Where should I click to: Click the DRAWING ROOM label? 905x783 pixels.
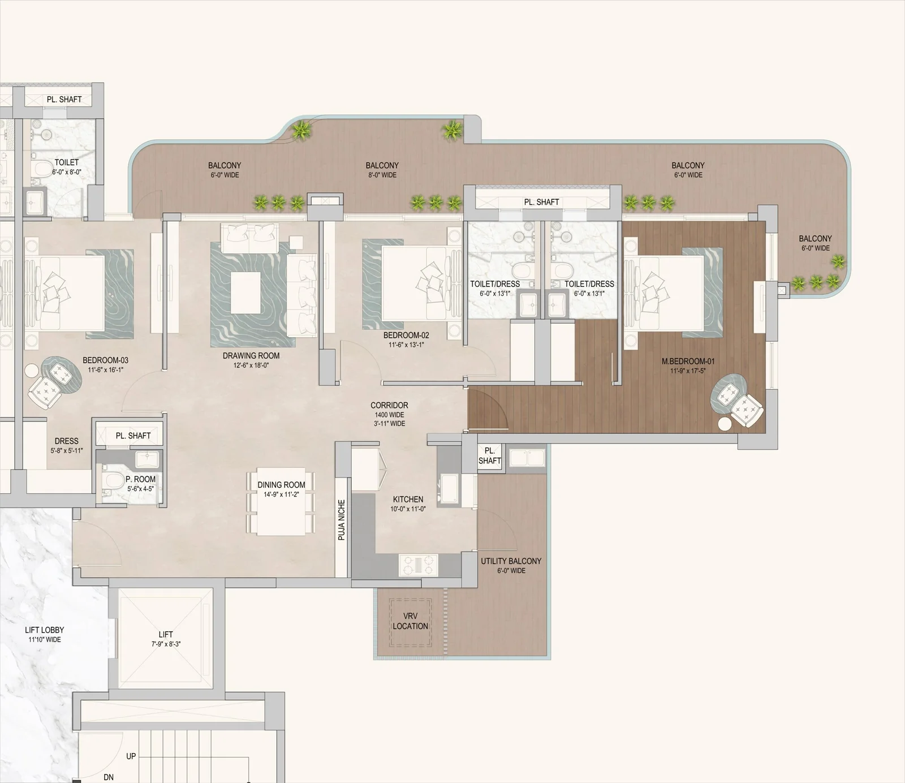pyautogui.click(x=251, y=356)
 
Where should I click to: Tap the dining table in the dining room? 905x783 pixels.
pyautogui.click(x=281, y=502)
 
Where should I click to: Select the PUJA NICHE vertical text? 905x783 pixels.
pyautogui.click(x=342, y=520)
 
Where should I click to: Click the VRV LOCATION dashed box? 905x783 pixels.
pyautogui.click(x=411, y=622)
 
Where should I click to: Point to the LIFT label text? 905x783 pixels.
pyautogui.click(x=166, y=634)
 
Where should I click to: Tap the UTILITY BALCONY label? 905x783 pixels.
pyautogui.click(x=511, y=561)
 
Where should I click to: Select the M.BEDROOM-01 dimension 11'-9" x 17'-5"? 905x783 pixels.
pyautogui.click(x=688, y=371)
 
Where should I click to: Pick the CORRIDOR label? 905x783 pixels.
pyautogui.click(x=389, y=405)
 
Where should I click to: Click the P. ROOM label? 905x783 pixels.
pyautogui.click(x=140, y=479)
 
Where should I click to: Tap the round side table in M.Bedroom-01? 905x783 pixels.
pyautogui.click(x=725, y=424)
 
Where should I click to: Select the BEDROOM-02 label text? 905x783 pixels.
pyautogui.click(x=406, y=335)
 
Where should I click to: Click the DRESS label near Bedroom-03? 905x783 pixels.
pyautogui.click(x=67, y=441)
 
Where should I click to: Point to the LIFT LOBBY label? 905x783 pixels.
pyautogui.click(x=44, y=630)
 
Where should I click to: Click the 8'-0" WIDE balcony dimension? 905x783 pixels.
pyautogui.click(x=382, y=175)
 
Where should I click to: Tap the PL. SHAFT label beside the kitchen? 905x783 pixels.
pyautogui.click(x=490, y=455)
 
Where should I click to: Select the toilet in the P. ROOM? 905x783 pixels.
pyautogui.click(x=115, y=481)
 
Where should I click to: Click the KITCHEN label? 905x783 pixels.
pyautogui.click(x=408, y=499)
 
